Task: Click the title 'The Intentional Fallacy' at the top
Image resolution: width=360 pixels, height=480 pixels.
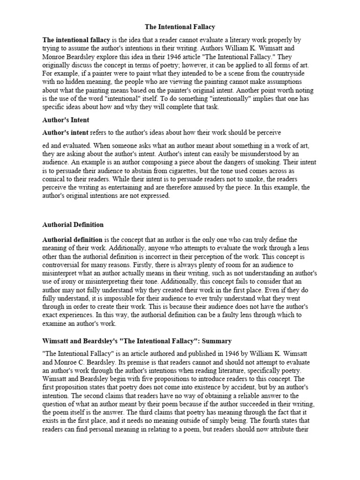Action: (180, 28)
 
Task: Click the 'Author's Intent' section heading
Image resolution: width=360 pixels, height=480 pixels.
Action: (66, 120)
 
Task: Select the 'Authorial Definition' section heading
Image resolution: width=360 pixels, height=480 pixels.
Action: (73, 225)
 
